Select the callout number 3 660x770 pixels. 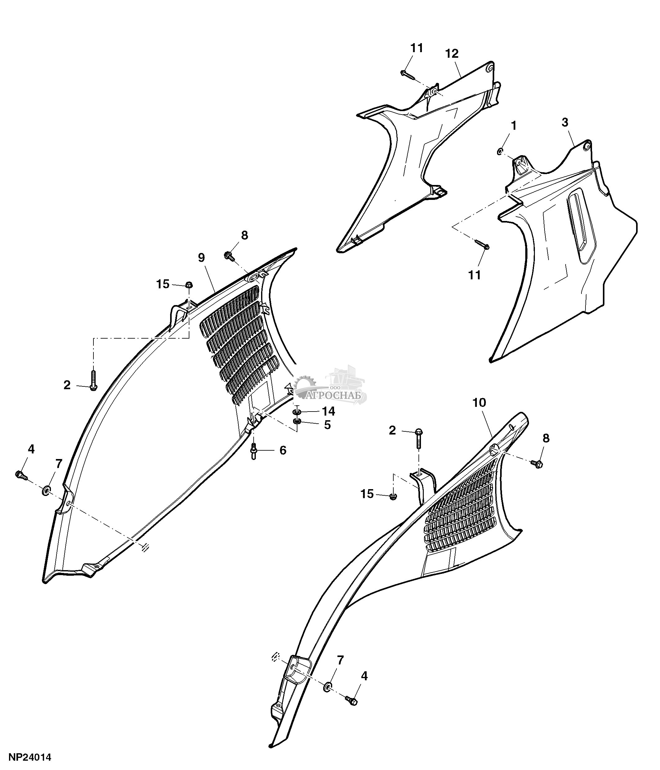[565, 122]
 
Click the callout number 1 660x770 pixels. [514, 126]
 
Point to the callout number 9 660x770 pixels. [201, 258]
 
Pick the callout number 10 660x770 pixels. [479, 403]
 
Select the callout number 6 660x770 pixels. [283, 450]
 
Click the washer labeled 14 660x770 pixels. [297, 412]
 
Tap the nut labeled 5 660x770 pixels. [296, 421]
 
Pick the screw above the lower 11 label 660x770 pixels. [482, 245]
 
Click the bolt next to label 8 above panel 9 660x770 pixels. [229, 255]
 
